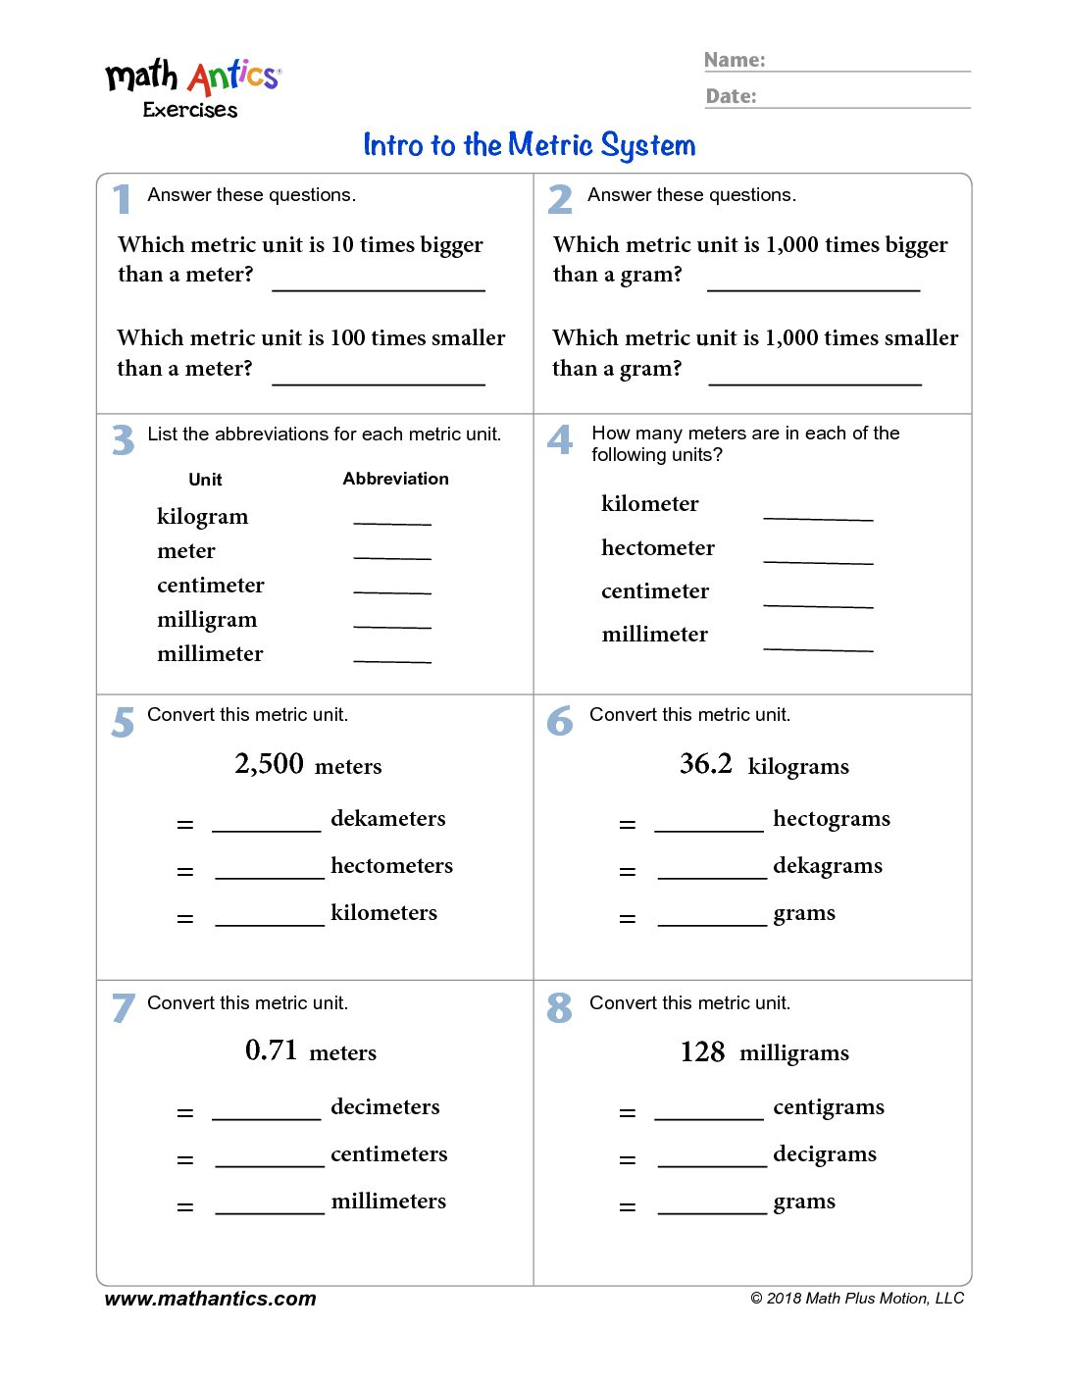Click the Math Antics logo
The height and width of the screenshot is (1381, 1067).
(x=193, y=86)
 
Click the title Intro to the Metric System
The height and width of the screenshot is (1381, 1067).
(x=529, y=145)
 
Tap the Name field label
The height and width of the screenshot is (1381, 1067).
(x=735, y=60)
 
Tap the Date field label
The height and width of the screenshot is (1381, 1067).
(x=731, y=96)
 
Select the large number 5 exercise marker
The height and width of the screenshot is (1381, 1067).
(x=123, y=722)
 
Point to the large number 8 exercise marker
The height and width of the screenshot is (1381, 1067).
(x=559, y=1008)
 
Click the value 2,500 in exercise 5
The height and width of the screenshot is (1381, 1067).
(x=269, y=763)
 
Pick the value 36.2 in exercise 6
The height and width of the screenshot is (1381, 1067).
(x=705, y=763)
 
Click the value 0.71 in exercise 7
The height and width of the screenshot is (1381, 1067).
(x=271, y=1050)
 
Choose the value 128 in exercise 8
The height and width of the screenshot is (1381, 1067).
(x=702, y=1052)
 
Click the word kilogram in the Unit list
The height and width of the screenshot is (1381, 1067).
(x=202, y=517)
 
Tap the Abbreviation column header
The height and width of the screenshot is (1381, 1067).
(x=395, y=479)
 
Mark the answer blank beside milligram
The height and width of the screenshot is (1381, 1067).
(x=392, y=621)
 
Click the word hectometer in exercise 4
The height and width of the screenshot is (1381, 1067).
(x=657, y=547)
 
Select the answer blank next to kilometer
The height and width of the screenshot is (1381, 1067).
(x=818, y=512)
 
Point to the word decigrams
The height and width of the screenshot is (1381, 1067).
(x=825, y=1154)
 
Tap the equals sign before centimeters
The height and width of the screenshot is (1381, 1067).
(x=185, y=1160)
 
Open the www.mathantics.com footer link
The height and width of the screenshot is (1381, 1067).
(x=210, y=1299)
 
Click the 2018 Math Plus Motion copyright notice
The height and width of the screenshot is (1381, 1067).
(x=857, y=1299)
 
